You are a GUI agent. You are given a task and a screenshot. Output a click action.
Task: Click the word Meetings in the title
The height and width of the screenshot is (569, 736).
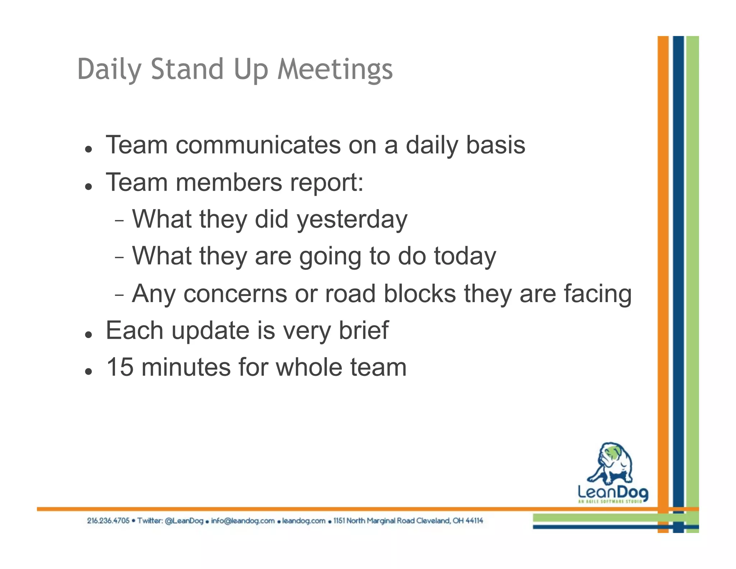pyautogui.click(x=335, y=69)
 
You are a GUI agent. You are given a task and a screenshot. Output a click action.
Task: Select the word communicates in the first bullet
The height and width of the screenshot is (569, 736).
pyautogui.click(x=258, y=145)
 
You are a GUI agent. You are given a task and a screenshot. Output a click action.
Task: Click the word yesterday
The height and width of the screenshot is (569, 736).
pyautogui.click(x=352, y=219)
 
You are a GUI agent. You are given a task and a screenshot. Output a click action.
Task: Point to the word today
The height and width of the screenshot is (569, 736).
pyautogui.click(x=465, y=256)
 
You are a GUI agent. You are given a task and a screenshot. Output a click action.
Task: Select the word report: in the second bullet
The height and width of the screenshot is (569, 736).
pyautogui.click(x=327, y=182)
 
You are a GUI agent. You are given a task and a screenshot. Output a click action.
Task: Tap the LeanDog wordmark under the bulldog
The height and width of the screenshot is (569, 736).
pyautogui.click(x=613, y=492)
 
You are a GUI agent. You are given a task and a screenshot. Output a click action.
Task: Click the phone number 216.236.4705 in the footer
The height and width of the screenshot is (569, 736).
pyautogui.click(x=108, y=521)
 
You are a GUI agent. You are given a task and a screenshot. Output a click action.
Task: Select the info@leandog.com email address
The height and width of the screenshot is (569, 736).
pyautogui.click(x=243, y=521)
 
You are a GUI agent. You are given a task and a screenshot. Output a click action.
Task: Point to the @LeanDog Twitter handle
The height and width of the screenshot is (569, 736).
pyautogui.click(x=184, y=521)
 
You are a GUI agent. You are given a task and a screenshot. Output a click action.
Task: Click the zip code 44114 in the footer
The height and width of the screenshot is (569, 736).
pyautogui.click(x=474, y=521)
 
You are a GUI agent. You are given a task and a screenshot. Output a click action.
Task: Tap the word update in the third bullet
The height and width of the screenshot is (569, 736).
pyautogui.click(x=210, y=330)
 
